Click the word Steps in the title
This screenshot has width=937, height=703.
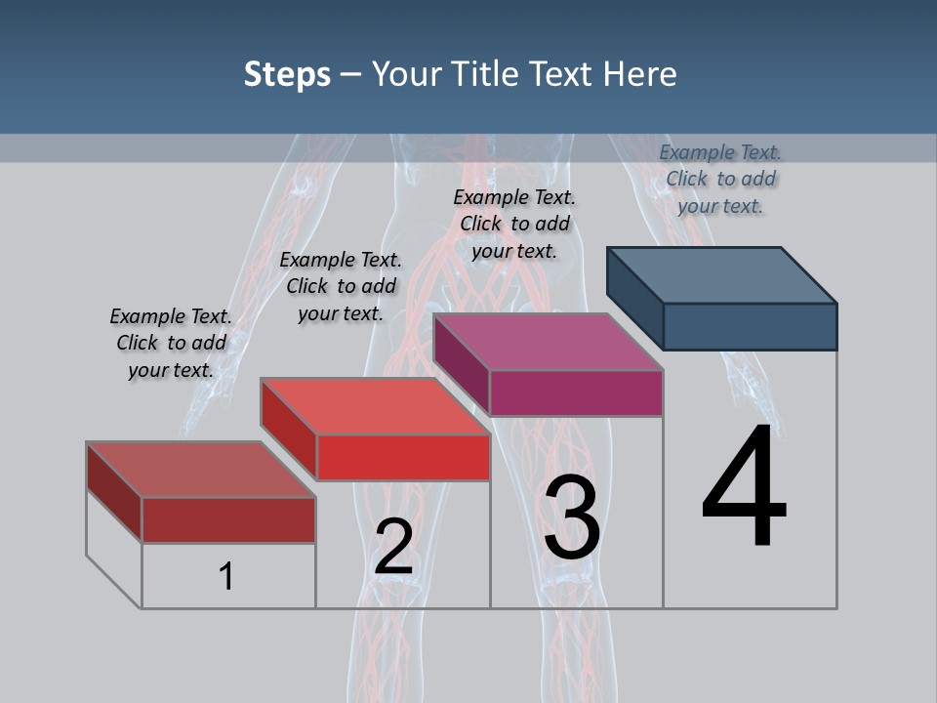tap(287, 74)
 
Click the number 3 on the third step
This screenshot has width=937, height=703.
tap(572, 517)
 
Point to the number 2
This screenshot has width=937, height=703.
tap(393, 547)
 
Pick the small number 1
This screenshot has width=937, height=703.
tap(226, 576)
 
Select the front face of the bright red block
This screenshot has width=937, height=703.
tap(403, 457)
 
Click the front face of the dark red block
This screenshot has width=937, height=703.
tap(228, 519)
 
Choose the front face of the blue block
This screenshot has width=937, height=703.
tap(750, 326)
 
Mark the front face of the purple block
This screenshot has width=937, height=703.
tap(576, 393)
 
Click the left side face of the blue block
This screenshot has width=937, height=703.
tap(634, 298)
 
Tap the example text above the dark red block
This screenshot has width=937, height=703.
tap(171, 343)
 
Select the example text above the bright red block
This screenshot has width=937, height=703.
tap(341, 286)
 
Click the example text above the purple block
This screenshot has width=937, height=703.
tap(514, 224)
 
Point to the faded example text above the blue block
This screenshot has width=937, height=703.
tap(720, 179)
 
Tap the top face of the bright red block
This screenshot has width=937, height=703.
tap(375, 406)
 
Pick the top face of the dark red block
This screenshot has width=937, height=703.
tap(201, 470)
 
